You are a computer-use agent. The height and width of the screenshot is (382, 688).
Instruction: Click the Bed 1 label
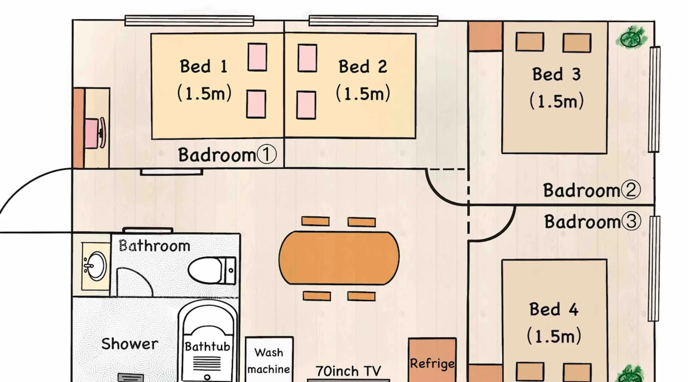pos(204,67)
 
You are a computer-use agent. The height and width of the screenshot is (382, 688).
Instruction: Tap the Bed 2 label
pos(363,67)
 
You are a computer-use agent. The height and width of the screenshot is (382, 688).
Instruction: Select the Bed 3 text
pos(557,74)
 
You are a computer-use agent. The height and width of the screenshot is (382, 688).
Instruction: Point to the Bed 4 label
pos(554,309)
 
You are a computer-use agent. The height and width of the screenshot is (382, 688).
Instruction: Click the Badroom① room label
pos(227,155)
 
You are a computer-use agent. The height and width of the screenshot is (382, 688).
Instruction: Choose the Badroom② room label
pos(591,190)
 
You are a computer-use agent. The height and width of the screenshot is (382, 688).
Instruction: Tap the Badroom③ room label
pos(592,222)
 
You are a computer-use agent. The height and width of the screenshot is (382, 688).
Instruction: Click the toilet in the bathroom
pos(211,270)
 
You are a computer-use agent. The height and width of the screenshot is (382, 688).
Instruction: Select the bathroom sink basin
pos(95,266)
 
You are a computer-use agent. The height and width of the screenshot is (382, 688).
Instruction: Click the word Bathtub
pos(208,346)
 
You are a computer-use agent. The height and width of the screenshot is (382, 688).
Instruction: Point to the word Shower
pos(130,344)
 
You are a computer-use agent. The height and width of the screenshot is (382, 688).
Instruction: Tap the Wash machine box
pos(269,359)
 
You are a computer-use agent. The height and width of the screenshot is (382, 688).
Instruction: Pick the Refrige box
pos(432,361)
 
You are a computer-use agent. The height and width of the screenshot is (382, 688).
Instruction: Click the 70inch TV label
pos(348,371)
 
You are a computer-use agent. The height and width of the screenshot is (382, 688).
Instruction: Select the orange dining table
pos(339,258)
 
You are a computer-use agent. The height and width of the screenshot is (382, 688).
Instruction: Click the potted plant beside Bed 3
pos(632,37)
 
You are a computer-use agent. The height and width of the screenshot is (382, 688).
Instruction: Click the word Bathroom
pos(154,246)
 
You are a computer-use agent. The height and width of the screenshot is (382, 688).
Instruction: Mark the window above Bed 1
pos(189,21)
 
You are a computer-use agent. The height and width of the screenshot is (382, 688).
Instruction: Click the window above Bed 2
pos(373,21)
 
